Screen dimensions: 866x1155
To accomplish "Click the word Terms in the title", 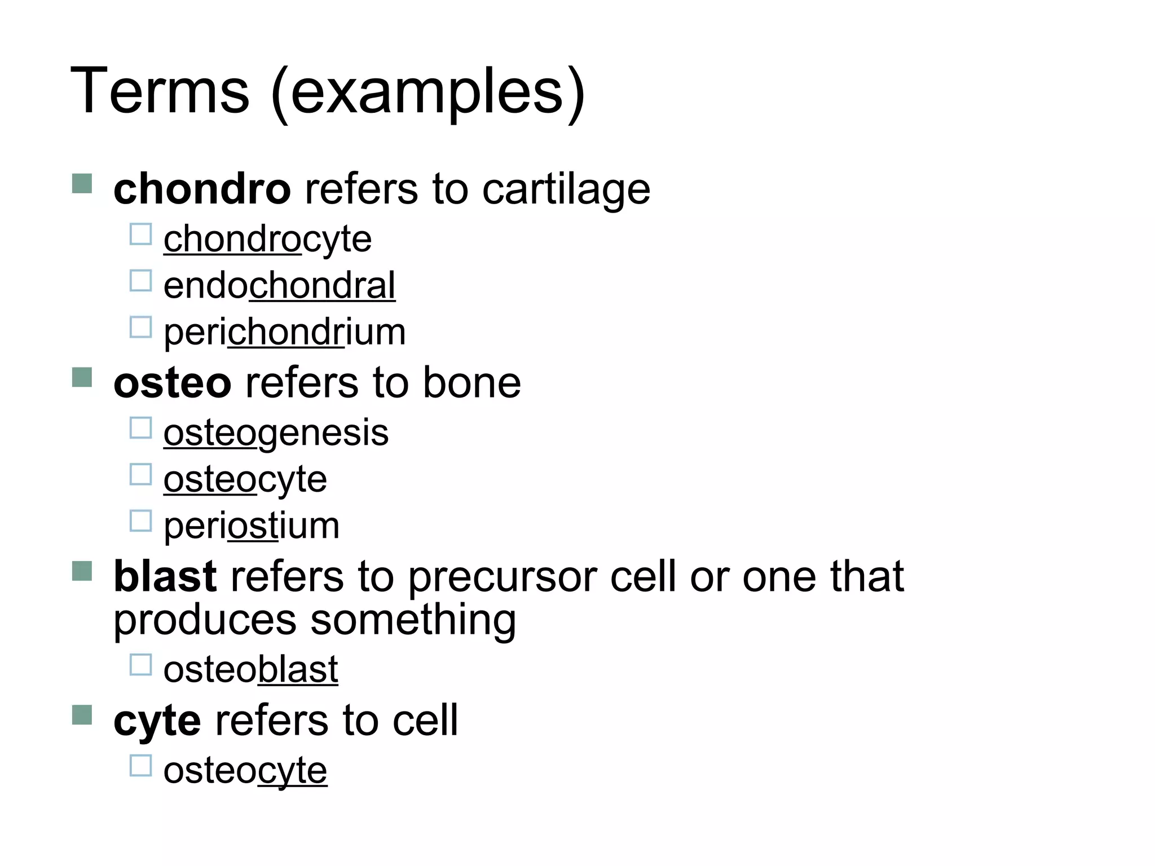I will click(x=160, y=91).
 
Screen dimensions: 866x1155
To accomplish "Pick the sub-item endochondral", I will click(x=279, y=286).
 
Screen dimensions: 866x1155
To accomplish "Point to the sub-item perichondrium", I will click(x=284, y=332).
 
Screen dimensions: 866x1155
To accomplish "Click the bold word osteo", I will click(x=172, y=383).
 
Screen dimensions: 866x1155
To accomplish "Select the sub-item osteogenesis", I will click(x=276, y=433).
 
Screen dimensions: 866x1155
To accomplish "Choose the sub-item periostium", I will click(x=252, y=526).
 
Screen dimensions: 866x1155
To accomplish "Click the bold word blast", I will click(x=165, y=577).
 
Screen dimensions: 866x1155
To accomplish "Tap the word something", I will click(x=413, y=620).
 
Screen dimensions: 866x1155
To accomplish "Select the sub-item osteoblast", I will click(x=250, y=670).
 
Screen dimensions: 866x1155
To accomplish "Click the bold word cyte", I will click(x=157, y=721).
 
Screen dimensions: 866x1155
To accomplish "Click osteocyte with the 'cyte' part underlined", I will click(x=245, y=771).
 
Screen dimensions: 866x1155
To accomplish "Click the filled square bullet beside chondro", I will click(x=82, y=184).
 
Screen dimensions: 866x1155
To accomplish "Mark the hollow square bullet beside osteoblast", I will click(x=140, y=665).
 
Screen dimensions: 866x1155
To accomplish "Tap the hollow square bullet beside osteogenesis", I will click(x=140, y=428).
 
